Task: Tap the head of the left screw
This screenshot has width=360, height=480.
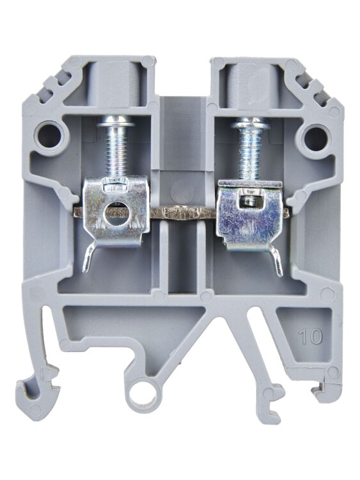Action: (116, 124)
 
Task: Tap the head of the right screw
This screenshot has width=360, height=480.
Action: (250, 125)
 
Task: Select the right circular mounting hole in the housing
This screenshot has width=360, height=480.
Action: (315, 136)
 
